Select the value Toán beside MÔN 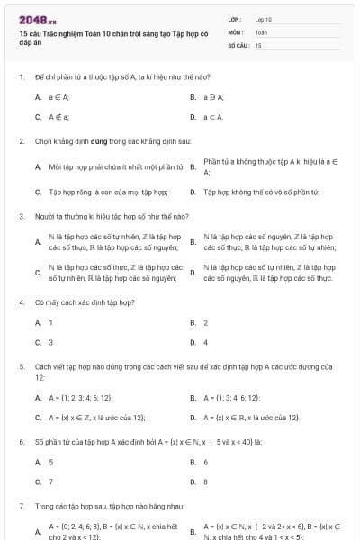point(261,31)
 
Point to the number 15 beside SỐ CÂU point(258,44)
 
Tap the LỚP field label point(235,18)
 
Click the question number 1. point(20,78)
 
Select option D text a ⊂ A point(213,117)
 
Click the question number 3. point(20,217)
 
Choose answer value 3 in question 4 point(50,342)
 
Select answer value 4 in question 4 point(206,342)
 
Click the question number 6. point(20,442)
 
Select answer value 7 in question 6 point(50,481)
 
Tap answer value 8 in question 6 point(206,481)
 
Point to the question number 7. point(20,507)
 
